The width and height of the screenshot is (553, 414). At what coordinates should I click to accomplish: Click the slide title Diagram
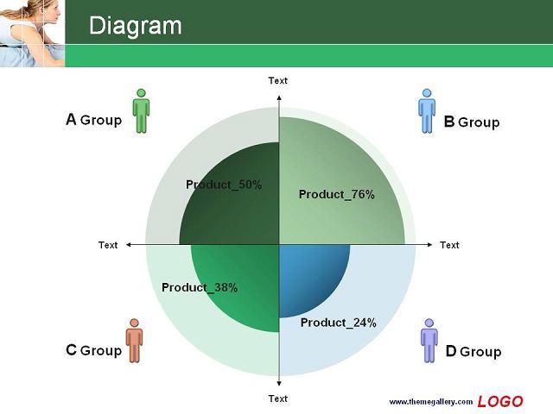point(136,26)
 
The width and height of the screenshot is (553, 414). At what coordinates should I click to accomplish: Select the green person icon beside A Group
point(141,111)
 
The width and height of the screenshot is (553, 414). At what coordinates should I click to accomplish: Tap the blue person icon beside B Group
point(427,111)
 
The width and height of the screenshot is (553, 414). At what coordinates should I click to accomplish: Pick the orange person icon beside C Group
point(135,341)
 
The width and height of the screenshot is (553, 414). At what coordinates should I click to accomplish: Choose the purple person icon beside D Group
point(429,341)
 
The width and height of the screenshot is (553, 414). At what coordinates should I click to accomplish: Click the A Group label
point(94,120)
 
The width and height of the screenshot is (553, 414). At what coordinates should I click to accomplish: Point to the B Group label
point(472,122)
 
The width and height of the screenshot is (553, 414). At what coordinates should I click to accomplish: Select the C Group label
point(94,350)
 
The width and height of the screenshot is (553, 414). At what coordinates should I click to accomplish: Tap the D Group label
point(474,351)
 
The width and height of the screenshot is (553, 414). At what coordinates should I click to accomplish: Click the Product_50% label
point(224,185)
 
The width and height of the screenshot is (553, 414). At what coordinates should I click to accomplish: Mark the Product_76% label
point(337,194)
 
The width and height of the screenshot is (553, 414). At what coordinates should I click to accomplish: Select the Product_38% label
point(200,287)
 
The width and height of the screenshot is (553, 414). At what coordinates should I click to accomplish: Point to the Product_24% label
point(339,323)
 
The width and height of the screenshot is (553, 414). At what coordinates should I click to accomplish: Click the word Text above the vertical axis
point(278,80)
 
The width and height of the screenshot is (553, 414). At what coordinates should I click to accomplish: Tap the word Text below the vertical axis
point(278,398)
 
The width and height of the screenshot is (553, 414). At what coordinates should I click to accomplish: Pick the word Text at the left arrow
point(108,245)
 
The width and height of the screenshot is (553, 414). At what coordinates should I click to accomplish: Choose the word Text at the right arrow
point(449,245)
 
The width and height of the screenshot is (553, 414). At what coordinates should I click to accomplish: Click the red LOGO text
point(500,401)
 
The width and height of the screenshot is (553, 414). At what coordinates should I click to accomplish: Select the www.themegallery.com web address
point(431,402)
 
